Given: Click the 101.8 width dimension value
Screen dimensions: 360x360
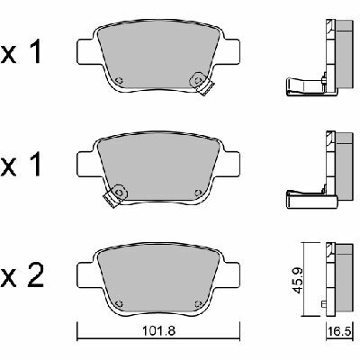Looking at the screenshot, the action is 158,331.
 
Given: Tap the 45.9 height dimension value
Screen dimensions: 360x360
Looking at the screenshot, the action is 298,280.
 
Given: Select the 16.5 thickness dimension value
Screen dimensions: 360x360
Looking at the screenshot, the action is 339,332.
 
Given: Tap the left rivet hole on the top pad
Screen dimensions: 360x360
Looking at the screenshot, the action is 119,80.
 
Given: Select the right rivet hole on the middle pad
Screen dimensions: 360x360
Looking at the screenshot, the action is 198,193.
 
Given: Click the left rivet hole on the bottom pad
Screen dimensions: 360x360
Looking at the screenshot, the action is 119,303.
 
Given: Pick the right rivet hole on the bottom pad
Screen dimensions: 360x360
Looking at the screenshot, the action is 198,303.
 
